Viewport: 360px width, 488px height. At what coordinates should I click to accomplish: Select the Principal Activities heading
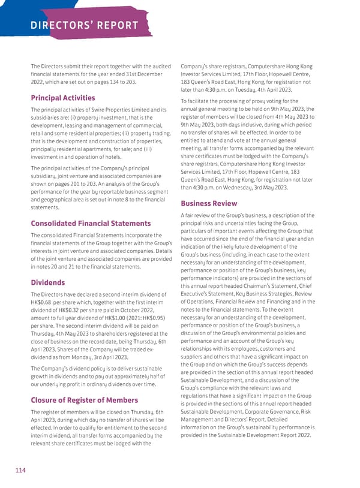coord(63,98)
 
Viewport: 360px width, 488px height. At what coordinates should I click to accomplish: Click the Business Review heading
coord(209,203)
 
